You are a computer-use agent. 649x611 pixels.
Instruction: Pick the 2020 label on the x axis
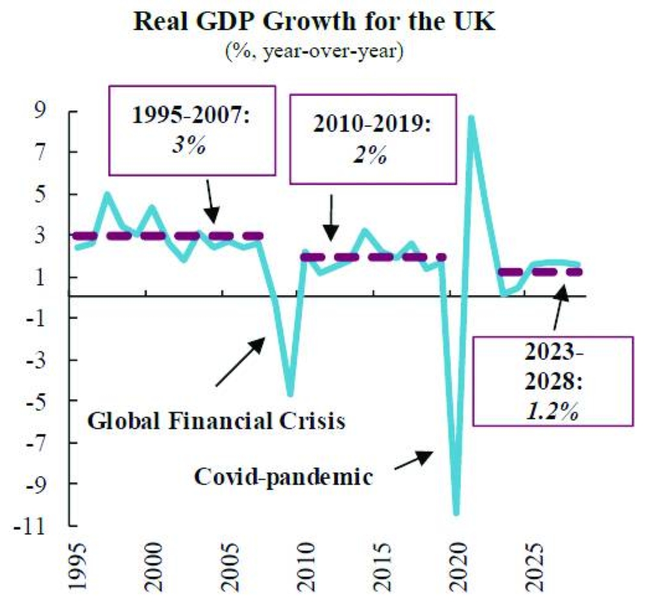pos(457,571)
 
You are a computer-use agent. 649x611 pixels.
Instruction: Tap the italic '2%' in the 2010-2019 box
pos(371,156)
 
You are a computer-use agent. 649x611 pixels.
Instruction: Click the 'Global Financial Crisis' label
pos(215,421)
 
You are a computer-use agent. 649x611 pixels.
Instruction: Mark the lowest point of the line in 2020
pos(456,513)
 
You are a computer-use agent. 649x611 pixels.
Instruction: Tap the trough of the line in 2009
pos(289,394)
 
